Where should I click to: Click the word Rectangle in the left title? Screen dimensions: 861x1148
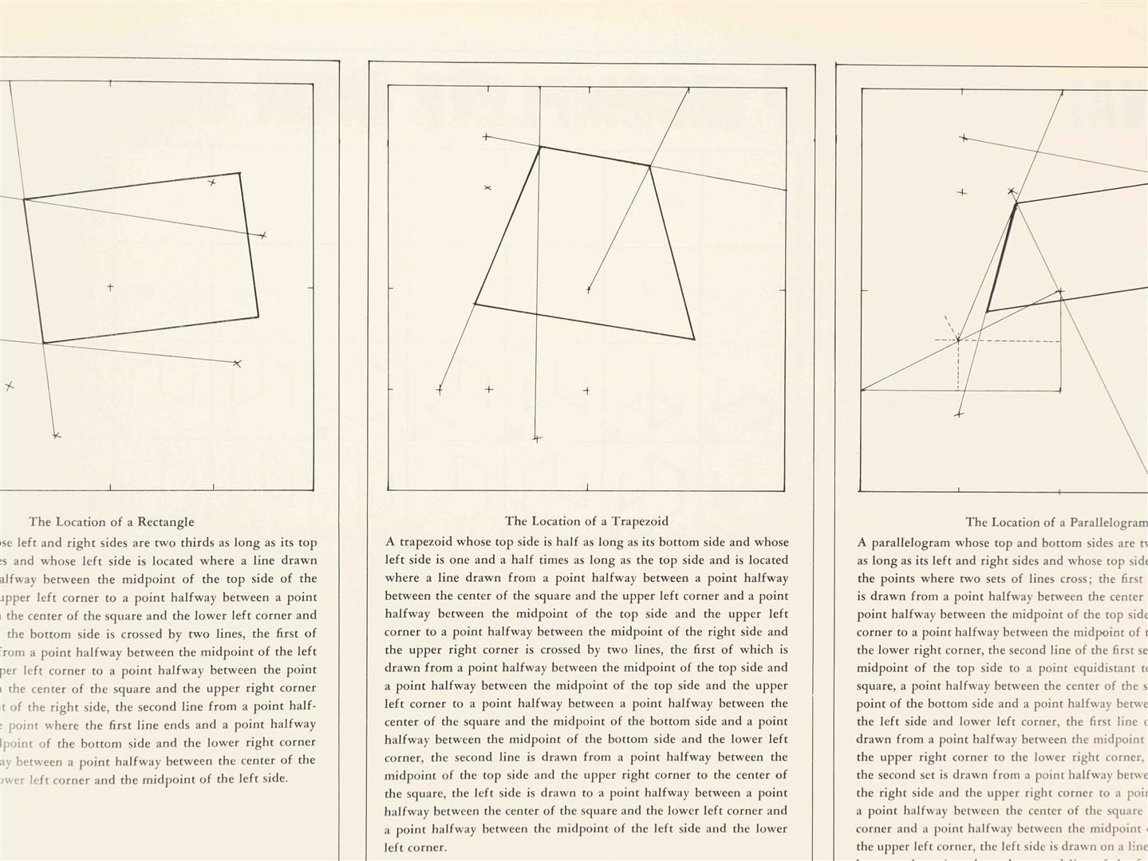166,522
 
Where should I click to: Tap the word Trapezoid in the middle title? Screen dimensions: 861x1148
639,521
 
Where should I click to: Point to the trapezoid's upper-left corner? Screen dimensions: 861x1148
540,147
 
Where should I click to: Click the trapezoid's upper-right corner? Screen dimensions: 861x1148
650,166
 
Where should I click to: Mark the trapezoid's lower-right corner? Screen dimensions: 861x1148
694,339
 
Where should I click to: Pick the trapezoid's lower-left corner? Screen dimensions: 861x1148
475,304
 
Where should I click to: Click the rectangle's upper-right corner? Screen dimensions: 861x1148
240,172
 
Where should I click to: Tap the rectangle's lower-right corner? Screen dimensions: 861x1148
258,316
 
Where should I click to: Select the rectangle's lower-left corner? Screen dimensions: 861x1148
43,343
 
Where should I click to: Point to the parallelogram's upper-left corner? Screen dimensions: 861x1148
1016,204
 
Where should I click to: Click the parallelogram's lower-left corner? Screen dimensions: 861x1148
987,312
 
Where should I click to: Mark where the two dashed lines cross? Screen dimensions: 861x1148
958,340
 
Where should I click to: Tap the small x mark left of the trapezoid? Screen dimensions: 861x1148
487,188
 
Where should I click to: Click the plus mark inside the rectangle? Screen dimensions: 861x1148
110,287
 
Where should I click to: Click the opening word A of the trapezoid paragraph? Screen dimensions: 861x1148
389,542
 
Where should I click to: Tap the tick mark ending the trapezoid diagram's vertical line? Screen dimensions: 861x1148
537,438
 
